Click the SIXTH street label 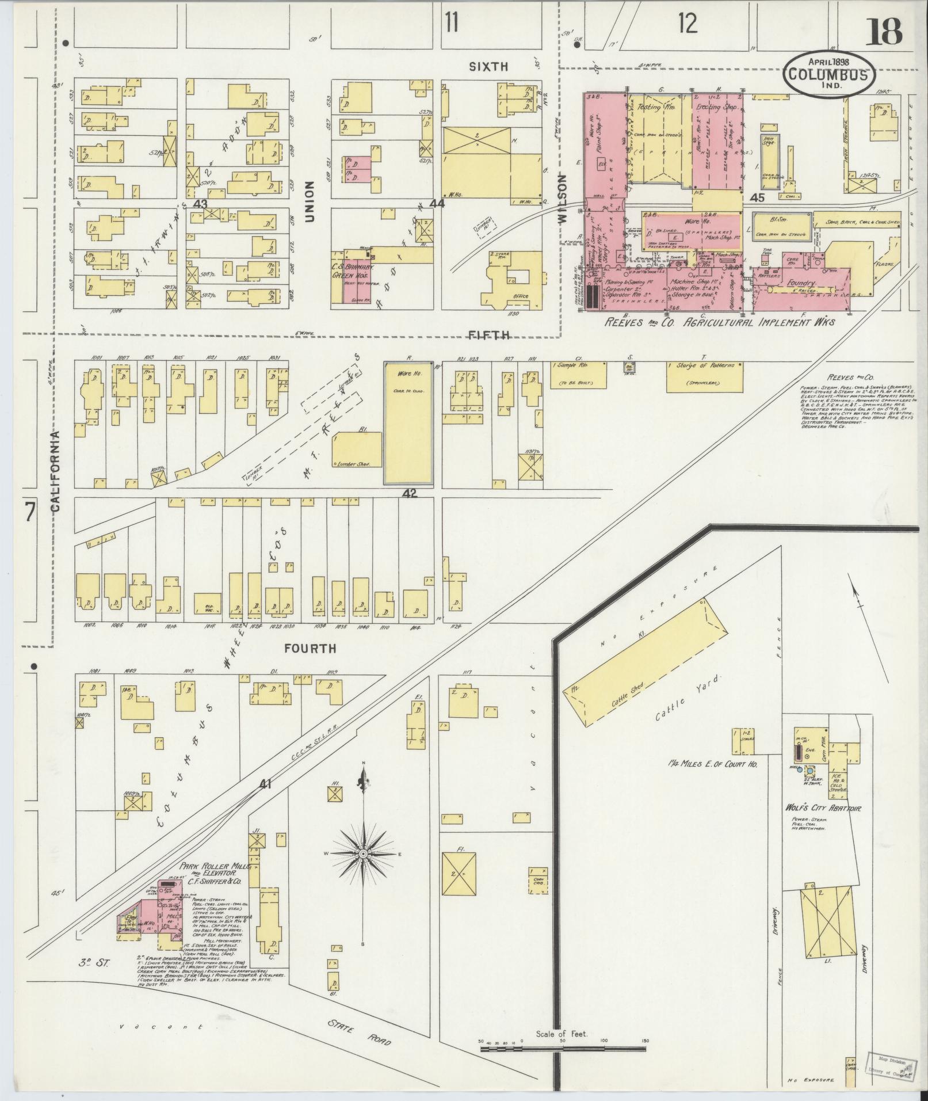click(x=488, y=67)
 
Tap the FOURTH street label click(x=310, y=649)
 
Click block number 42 click(x=410, y=493)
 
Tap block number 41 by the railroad click(x=265, y=783)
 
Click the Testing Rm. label click(x=662, y=107)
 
